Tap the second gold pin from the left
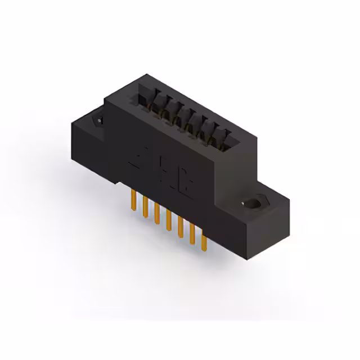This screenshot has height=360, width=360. [145, 206]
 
